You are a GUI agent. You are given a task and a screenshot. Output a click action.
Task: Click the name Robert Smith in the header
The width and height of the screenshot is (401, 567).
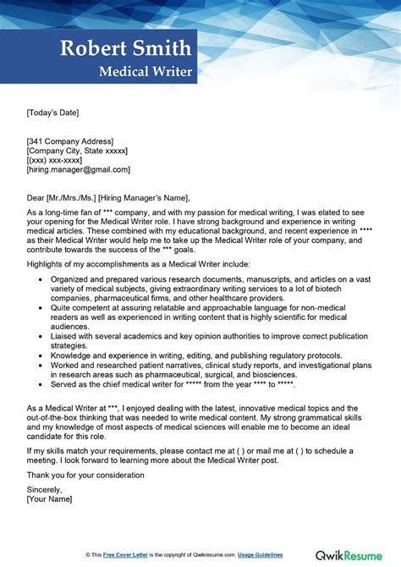click(x=126, y=47)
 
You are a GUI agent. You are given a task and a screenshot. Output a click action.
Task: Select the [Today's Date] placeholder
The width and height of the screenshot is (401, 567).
click(x=53, y=111)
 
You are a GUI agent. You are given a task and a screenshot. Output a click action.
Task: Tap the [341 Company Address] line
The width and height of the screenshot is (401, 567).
click(x=70, y=140)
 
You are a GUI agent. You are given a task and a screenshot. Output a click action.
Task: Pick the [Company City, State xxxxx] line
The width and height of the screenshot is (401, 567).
click(x=77, y=151)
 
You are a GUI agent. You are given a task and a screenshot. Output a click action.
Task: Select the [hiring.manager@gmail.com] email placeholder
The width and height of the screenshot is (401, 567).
click(x=79, y=169)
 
